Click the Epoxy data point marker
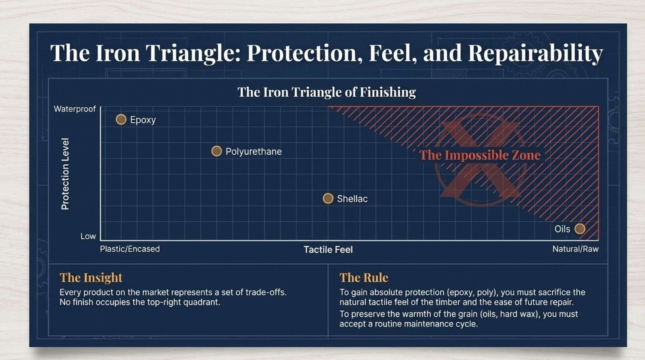click(121, 119)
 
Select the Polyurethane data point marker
click(216, 151)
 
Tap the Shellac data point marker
click(328, 198)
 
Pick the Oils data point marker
click(580, 229)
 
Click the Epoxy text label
click(143, 120)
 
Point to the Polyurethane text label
click(254, 152)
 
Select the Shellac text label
click(352, 199)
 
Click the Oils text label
click(562, 229)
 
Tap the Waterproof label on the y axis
click(75, 109)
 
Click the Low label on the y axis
click(88, 236)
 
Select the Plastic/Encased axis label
click(130, 249)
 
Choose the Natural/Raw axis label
click(575, 249)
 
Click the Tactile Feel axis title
click(328, 250)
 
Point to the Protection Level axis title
click(65, 174)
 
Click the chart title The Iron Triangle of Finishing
click(327, 92)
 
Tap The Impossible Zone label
click(480, 155)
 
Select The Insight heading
click(91, 278)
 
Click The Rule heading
click(364, 278)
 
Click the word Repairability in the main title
click(536, 53)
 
